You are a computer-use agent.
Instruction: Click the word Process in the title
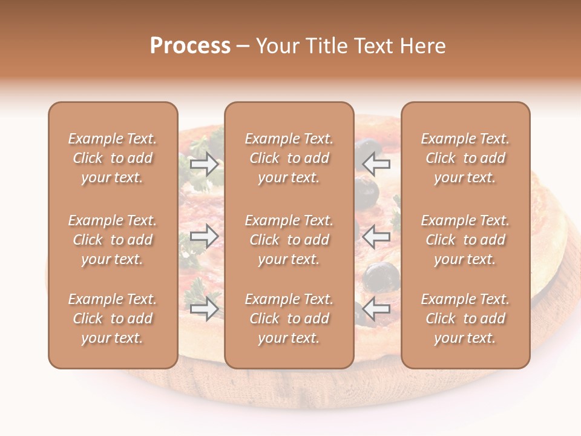coord(190,46)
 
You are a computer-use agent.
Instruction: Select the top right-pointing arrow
coord(205,164)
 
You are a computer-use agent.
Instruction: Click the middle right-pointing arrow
coord(205,236)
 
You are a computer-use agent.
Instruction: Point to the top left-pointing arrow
coord(376,164)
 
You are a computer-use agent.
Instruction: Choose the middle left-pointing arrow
coord(376,236)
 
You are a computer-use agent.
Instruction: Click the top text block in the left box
coord(113,158)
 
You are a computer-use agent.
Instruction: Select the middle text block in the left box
coord(113,240)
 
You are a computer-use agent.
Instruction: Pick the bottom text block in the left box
coord(113,319)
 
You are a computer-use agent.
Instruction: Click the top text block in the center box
coord(289,158)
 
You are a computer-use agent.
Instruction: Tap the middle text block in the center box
coord(289,240)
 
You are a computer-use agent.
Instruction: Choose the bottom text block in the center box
coord(289,319)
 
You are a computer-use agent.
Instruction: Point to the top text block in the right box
coord(465,158)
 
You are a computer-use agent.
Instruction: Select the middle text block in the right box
coord(465,240)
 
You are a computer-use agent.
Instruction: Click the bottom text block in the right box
coord(465,319)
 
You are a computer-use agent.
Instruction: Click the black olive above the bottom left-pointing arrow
coord(381,276)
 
